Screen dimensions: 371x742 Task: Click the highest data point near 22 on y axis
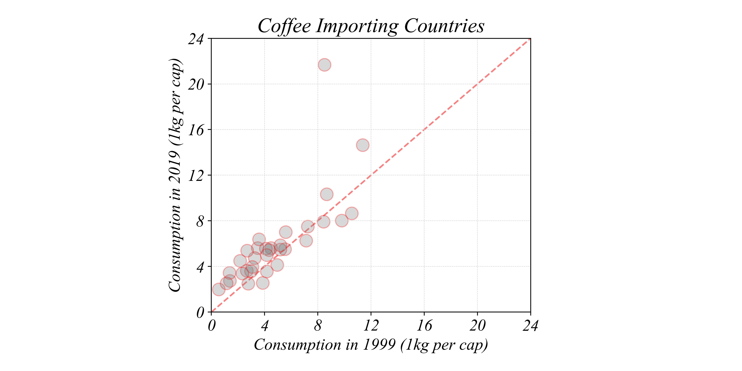point(324,65)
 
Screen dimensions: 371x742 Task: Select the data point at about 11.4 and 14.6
point(363,145)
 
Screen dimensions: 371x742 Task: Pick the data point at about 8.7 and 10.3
point(327,194)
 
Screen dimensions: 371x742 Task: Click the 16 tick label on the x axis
point(424,326)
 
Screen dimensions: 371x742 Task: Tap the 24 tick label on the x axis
point(530,326)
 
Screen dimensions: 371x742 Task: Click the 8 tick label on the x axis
point(318,326)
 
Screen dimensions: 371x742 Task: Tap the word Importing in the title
point(357,26)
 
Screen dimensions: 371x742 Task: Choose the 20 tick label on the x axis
point(477,326)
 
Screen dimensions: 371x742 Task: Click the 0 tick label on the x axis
point(211,326)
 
